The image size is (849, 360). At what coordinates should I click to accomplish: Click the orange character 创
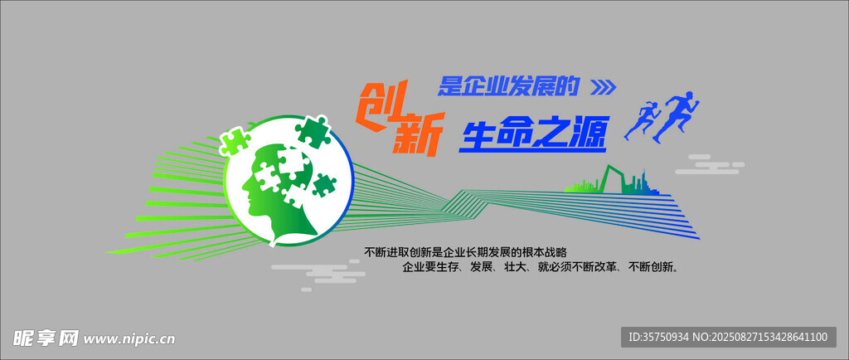(x=379, y=104)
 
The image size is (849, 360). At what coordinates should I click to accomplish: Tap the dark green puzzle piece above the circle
(x=312, y=131)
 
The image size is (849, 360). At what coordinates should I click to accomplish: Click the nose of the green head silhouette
(x=244, y=190)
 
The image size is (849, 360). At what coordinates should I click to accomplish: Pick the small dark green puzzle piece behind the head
(x=323, y=185)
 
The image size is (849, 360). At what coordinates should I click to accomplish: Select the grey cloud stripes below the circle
(x=318, y=274)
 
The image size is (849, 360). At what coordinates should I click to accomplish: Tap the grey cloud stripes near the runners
(x=710, y=164)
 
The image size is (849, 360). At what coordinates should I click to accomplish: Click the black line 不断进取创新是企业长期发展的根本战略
(x=466, y=252)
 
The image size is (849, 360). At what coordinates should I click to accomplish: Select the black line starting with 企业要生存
(x=541, y=267)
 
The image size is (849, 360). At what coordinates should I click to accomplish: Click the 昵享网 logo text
(x=46, y=338)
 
